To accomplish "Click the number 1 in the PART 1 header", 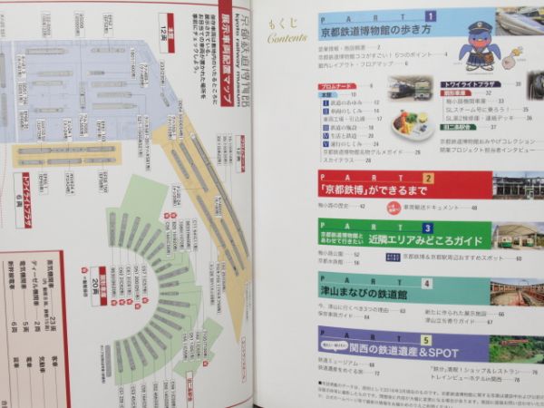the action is tap(431, 15).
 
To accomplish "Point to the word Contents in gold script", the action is tap(287, 39).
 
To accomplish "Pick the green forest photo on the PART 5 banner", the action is tap(516, 349).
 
